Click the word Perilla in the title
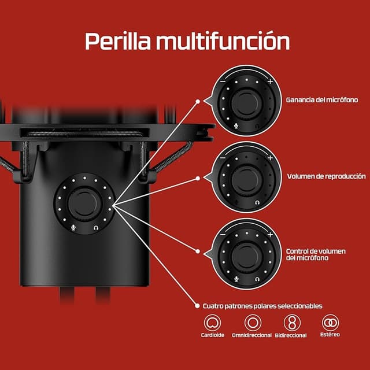coord(118,42)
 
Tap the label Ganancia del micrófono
coord(321,100)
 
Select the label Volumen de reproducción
coord(326,176)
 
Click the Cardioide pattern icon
coord(213,323)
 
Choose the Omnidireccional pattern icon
coord(253,323)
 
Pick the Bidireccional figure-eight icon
coord(294,323)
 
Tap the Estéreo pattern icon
coord(331,322)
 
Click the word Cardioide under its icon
coord(213,336)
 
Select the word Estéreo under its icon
coord(331,335)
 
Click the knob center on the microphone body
coord(86,203)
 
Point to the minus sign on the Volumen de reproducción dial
coord(223,157)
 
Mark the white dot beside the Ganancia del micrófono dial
coord(198,101)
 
